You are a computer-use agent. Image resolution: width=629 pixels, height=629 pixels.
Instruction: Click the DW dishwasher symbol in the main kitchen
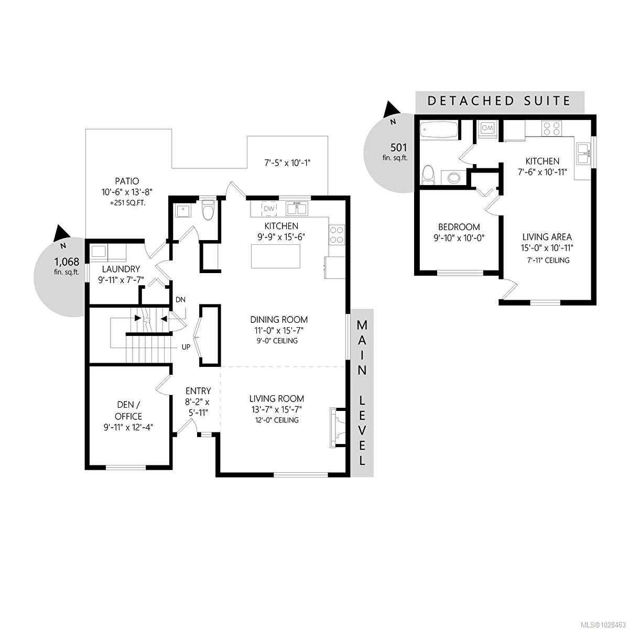269,209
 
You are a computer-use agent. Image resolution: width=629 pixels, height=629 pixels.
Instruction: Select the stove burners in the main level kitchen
337,234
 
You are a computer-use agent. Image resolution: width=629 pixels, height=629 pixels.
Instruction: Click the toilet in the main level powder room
208,211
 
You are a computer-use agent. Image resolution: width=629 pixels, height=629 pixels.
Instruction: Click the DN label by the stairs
180,300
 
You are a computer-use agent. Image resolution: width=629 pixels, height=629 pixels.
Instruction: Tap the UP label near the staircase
186,347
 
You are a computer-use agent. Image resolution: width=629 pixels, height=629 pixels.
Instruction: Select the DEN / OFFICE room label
129,410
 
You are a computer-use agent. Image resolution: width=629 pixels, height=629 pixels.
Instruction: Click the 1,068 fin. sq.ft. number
67,261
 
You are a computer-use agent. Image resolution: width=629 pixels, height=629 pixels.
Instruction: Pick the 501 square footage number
398,147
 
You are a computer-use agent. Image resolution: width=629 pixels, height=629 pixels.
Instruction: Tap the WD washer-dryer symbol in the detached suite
487,127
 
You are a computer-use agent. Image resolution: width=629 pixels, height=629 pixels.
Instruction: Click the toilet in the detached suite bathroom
429,175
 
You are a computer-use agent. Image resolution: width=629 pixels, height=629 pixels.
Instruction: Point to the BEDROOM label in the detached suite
459,227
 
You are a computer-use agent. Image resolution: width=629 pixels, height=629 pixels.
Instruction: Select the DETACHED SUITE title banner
499,101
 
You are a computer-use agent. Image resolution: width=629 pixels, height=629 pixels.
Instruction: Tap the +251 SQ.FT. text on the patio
124,202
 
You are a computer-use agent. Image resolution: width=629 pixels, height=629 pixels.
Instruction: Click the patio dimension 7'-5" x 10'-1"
287,162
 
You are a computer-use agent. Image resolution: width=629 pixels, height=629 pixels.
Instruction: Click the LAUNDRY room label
121,269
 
